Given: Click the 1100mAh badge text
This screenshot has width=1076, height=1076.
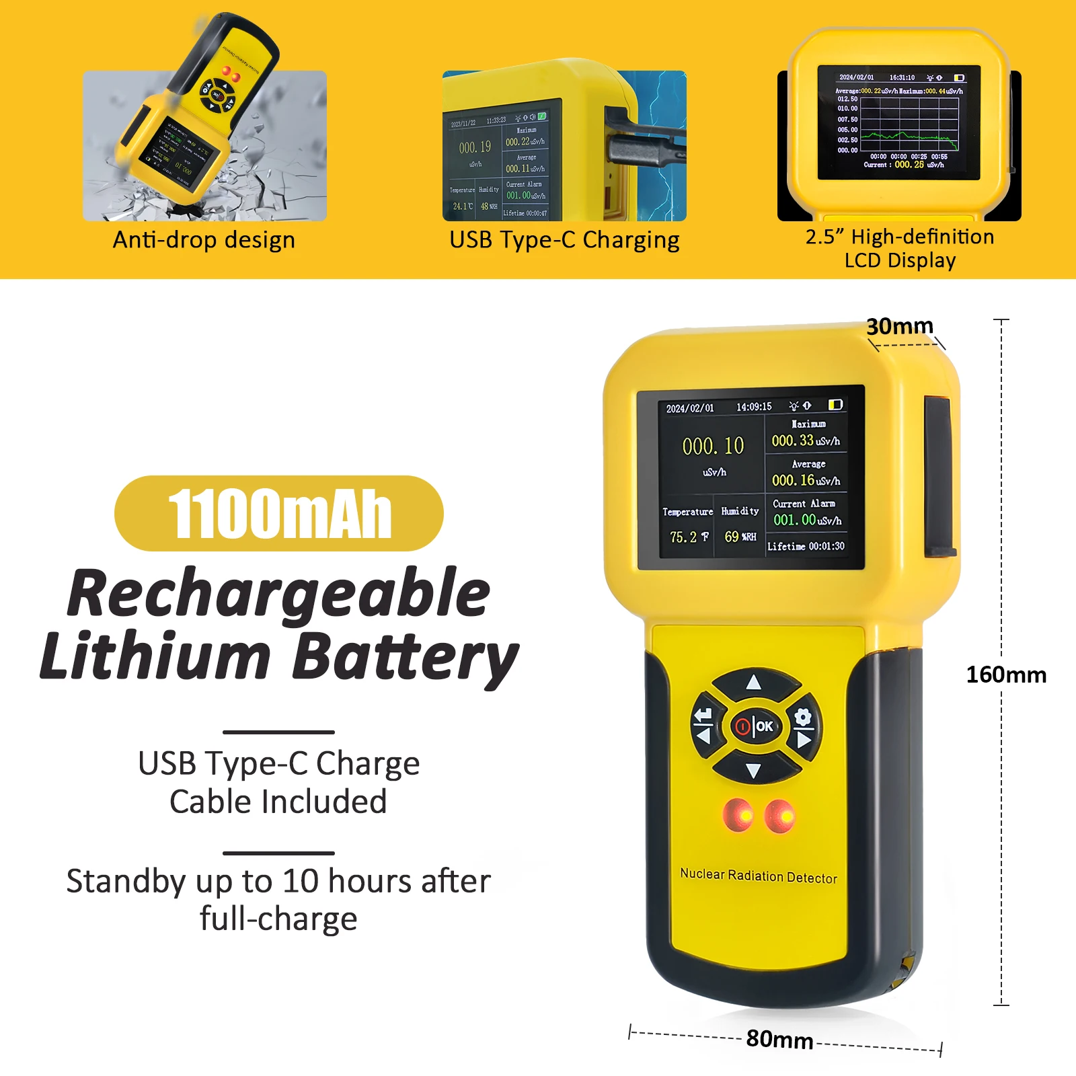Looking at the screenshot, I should pyautogui.click(x=279, y=514).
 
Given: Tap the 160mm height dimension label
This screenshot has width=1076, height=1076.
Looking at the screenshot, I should pyautogui.click(x=1005, y=675).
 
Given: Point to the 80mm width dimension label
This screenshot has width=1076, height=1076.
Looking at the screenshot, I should pyautogui.click(x=779, y=1039).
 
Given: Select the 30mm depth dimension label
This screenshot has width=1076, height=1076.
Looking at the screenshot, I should pyautogui.click(x=899, y=326).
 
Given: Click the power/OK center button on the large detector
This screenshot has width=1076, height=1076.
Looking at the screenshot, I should pyautogui.click(x=755, y=726).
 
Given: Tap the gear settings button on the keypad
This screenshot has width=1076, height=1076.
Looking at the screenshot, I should pyautogui.click(x=803, y=718).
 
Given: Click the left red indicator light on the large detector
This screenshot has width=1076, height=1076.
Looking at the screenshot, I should pyautogui.click(x=738, y=814).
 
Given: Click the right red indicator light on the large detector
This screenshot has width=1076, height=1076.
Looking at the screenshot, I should pyautogui.click(x=780, y=816).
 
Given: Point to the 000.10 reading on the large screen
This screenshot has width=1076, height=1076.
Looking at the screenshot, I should pyautogui.click(x=713, y=446).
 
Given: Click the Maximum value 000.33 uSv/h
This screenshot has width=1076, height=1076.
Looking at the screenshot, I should pyautogui.click(x=806, y=441).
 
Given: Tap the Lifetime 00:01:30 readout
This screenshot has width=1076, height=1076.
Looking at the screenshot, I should pyautogui.click(x=806, y=546).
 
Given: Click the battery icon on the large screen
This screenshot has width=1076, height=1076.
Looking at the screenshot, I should pyautogui.click(x=835, y=405).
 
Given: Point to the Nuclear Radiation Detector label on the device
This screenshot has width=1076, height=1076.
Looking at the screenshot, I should pyautogui.click(x=759, y=876).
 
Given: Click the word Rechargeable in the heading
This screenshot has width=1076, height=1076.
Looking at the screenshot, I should pyautogui.click(x=279, y=593).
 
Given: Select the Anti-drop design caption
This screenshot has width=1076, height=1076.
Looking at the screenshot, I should pyautogui.click(x=204, y=240).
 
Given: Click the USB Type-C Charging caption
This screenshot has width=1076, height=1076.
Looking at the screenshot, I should pyautogui.click(x=564, y=240).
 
